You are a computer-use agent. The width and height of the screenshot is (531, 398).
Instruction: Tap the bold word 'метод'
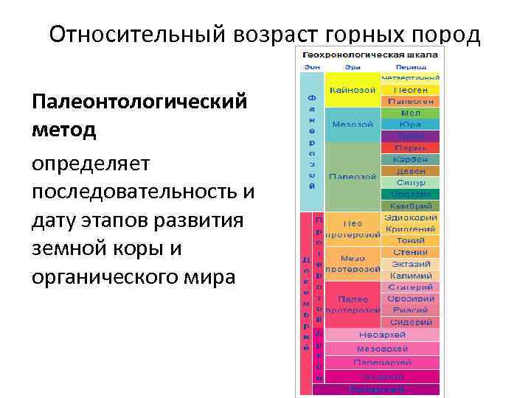(x=64, y=130)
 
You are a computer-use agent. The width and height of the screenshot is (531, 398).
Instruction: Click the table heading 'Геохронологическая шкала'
(x=368, y=55)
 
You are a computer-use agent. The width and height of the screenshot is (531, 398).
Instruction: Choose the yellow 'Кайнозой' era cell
(x=353, y=90)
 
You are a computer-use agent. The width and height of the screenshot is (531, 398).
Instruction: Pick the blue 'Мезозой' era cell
(x=353, y=125)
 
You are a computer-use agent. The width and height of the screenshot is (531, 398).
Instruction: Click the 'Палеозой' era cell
(x=353, y=177)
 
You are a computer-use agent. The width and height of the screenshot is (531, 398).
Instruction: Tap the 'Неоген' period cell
(x=411, y=90)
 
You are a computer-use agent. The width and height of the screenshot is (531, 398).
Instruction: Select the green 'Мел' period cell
(x=411, y=114)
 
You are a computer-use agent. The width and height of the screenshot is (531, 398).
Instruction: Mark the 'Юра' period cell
(x=411, y=125)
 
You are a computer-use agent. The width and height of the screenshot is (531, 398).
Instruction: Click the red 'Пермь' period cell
(x=411, y=148)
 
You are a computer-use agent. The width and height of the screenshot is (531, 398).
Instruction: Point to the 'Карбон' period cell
(x=411, y=159)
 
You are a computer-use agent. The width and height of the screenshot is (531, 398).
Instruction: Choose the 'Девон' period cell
(x=411, y=171)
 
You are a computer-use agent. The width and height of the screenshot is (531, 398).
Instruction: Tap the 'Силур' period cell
(x=411, y=182)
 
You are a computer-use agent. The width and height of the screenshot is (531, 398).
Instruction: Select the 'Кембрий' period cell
(x=411, y=206)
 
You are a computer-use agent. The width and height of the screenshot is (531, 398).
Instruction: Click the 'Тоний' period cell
(x=411, y=241)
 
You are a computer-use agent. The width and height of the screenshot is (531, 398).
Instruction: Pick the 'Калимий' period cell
(x=411, y=276)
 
